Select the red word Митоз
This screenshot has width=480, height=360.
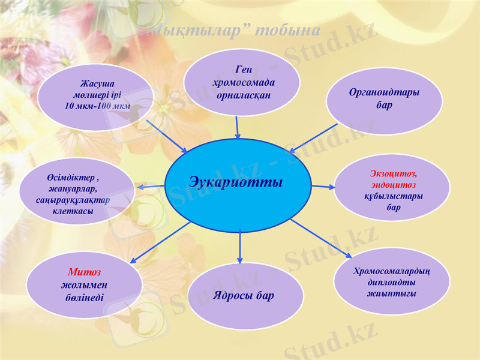[84, 272]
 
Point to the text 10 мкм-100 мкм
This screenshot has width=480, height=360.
[97, 106]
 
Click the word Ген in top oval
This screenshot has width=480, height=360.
[244, 71]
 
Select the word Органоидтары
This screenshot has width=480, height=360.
[384, 93]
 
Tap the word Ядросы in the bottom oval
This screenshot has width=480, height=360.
[232, 295]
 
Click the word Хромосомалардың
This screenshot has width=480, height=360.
[392, 270]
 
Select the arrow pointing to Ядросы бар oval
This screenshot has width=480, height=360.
[240, 246]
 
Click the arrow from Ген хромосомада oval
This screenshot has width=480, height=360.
[238, 127]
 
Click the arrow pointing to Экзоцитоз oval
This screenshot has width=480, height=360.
[323, 187]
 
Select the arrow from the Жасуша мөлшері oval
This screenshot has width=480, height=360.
[166, 136]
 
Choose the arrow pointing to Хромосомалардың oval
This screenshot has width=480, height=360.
[321, 238]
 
